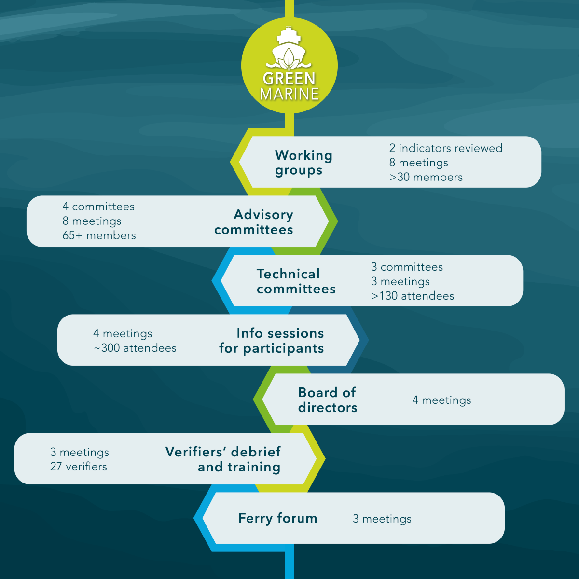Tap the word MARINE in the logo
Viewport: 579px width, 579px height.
point(289,94)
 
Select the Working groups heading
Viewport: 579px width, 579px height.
point(303,163)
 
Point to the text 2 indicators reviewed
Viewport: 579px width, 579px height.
point(446,148)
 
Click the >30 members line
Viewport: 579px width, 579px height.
point(426,177)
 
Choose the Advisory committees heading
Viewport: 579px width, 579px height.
point(254,222)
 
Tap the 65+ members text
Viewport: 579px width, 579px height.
point(99,235)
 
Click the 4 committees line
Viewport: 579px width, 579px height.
point(98,207)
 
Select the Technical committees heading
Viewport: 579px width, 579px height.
point(296,281)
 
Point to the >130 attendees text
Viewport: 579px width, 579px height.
point(413,296)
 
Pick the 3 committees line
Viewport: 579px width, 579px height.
point(407,267)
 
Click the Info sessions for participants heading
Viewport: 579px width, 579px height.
point(272,341)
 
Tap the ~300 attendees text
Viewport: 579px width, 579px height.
point(135,348)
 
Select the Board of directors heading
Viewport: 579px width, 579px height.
point(328,400)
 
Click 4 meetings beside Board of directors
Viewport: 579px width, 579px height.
point(441,400)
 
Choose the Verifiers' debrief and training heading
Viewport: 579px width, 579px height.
point(223,459)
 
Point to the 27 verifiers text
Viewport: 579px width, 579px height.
point(79,467)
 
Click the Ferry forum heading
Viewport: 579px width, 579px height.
point(278,518)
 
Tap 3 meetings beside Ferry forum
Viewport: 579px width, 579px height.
point(382,519)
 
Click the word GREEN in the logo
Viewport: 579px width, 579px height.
point(289,78)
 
